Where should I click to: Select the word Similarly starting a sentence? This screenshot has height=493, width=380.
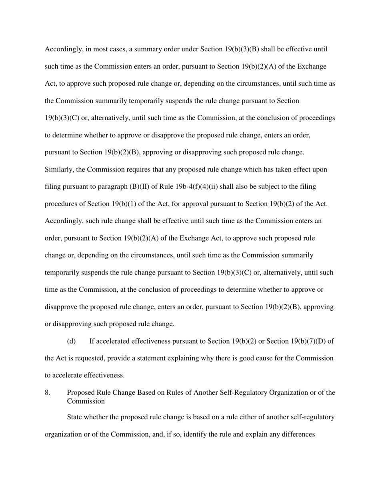click(x=59, y=170)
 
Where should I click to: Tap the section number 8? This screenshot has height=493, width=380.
click(x=48, y=393)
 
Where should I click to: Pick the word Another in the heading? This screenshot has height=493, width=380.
click(x=206, y=393)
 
